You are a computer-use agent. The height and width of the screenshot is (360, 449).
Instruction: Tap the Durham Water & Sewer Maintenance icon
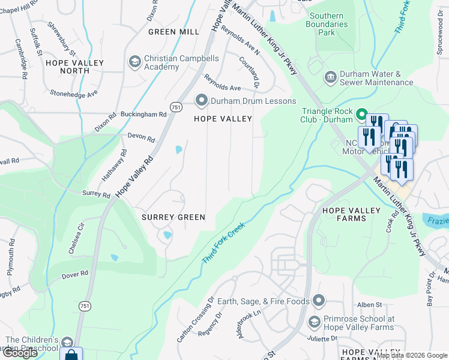pos(330,77)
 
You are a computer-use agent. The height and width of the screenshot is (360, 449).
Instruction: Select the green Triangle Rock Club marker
pos(361,113)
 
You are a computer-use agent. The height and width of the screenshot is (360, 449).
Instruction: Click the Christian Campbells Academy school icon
pos(134,62)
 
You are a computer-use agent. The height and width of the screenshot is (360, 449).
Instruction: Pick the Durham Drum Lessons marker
pos(201,100)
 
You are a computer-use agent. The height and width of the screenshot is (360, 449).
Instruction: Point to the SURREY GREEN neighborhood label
pos(173,217)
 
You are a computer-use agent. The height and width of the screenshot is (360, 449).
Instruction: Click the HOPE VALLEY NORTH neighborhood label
pos(74,67)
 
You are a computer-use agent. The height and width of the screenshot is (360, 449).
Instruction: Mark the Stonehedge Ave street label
pos(74,94)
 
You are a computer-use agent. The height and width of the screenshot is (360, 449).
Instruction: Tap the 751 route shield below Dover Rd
pos(84,306)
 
